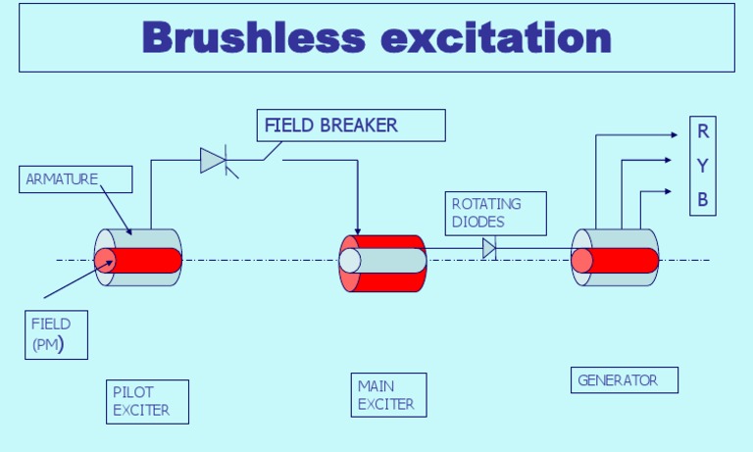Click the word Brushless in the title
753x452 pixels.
(253, 37)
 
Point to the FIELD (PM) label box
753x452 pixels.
(55, 334)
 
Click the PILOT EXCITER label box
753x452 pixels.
(147, 401)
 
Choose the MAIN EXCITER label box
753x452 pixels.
(389, 394)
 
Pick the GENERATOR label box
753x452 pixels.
(624, 379)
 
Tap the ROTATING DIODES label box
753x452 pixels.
(495, 213)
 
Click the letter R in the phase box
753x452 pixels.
(703, 131)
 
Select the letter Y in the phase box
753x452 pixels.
(703, 166)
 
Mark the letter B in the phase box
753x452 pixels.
(703, 200)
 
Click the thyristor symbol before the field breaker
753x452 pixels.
(215, 160)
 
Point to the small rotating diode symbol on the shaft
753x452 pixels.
(489, 248)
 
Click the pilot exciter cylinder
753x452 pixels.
(138, 259)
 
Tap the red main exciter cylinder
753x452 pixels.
(383, 263)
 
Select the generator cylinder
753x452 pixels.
(615, 259)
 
